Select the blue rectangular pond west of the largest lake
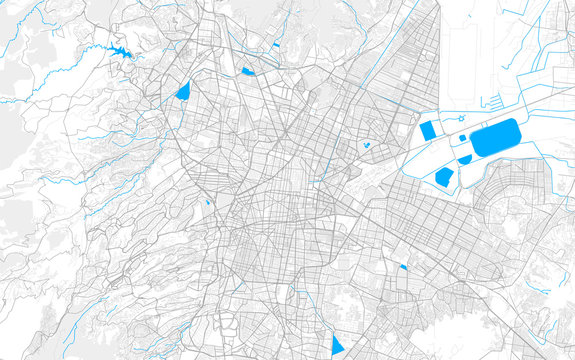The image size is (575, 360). [429, 130]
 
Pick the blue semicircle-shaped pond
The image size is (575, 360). [465, 159]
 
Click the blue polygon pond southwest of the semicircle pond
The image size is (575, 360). [445, 177]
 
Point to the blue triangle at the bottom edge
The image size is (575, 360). [337, 344]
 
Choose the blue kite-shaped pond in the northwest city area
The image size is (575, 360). [182, 90]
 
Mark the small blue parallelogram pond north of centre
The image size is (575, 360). [247, 72]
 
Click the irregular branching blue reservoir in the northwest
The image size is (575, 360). [127, 51]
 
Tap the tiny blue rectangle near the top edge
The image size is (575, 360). [276, 45]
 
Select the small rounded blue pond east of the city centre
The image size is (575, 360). [367, 146]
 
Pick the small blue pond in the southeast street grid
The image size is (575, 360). [403, 266]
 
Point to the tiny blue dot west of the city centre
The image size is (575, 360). [209, 203]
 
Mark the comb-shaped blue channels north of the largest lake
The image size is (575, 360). [492, 101]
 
